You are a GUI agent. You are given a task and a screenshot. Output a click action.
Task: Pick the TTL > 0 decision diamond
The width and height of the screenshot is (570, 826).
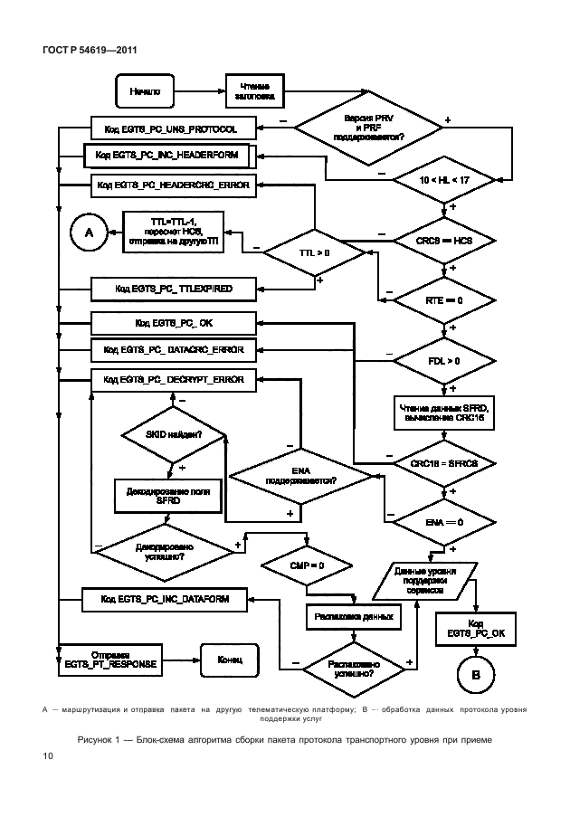point(314,252)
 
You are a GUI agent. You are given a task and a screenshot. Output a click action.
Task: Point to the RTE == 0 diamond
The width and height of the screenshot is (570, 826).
point(443,299)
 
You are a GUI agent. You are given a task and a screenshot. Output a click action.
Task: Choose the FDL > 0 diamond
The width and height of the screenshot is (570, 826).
point(443,361)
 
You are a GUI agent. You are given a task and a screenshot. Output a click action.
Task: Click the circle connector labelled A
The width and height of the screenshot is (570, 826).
point(89,233)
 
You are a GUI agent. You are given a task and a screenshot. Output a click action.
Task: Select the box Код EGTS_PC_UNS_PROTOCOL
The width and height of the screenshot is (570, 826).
point(173,128)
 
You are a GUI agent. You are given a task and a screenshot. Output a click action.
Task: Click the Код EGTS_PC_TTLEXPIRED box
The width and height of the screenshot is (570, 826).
point(173,289)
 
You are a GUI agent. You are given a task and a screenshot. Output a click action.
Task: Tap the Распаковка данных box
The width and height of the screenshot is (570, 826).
point(353,616)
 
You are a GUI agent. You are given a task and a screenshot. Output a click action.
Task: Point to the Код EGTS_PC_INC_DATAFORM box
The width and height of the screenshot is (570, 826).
point(164,599)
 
